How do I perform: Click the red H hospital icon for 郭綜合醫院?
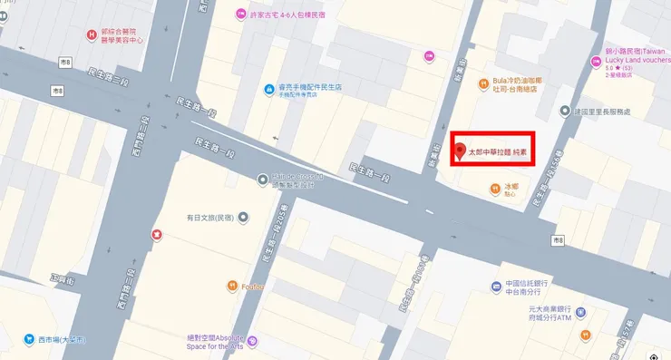[x=91, y=35]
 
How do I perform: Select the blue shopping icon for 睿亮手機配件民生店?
[x=268, y=89]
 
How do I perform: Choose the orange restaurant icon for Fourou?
[x=232, y=287]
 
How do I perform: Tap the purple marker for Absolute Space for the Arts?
[x=252, y=341]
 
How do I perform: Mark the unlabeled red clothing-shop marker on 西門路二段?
[x=157, y=234]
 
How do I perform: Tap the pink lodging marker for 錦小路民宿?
[x=595, y=63]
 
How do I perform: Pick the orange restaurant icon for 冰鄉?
[x=494, y=189]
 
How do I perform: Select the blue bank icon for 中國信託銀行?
[x=496, y=287]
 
